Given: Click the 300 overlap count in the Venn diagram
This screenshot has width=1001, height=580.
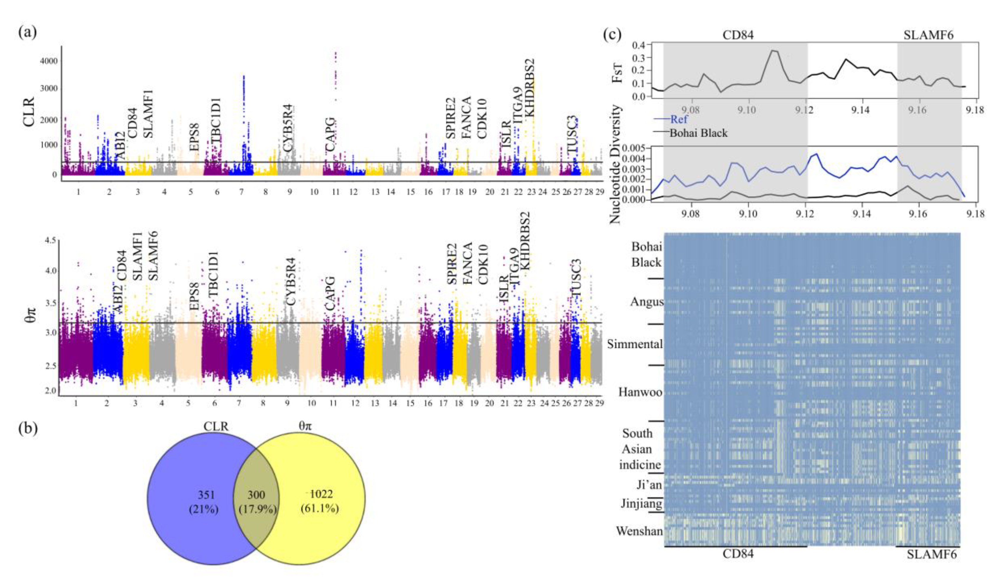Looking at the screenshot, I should point(256,495).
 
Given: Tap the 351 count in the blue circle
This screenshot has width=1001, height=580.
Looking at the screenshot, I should point(206,495).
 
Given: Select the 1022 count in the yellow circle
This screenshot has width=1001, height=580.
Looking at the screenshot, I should point(321,494).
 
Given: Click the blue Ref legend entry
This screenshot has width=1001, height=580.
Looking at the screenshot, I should point(679,119).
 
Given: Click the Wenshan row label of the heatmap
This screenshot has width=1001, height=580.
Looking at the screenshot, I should point(639,531).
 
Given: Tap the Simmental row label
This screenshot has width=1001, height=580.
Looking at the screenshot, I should point(635,344).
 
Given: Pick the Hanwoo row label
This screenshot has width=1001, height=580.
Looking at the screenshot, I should point(640,393).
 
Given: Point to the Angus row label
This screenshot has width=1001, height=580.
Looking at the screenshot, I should point(647,302).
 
